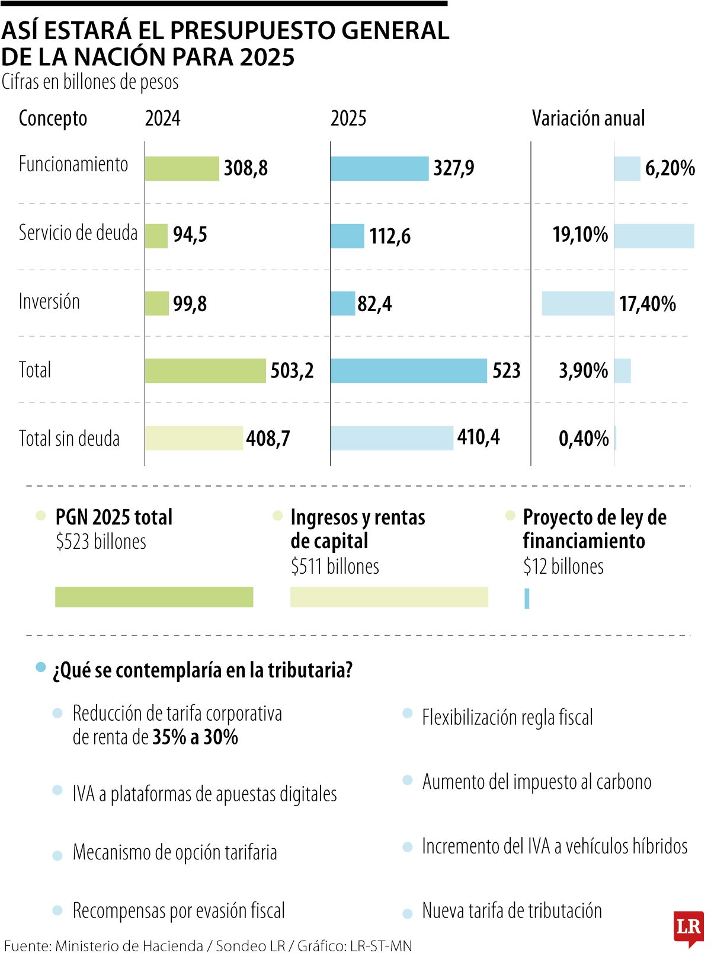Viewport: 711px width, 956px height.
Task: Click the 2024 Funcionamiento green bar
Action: click(x=182, y=168)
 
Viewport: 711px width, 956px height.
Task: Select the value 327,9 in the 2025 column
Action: click(x=453, y=168)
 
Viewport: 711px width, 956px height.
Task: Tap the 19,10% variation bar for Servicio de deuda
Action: click(x=654, y=236)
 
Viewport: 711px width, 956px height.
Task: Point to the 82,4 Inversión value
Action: click(x=374, y=304)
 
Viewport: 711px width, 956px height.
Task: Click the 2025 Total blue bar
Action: click(x=409, y=371)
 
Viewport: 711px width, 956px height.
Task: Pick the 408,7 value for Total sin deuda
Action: click(x=268, y=439)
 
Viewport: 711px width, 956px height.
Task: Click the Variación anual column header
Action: click(x=588, y=119)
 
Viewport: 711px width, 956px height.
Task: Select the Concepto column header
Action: click(x=53, y=119)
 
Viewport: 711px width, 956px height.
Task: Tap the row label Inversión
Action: click(x=49, y=302)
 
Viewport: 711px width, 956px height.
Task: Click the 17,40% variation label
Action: click(x=647, y=304)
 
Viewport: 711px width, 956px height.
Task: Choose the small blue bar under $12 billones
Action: click(x=527, y=598)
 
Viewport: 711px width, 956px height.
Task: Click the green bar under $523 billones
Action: click(x=154, y=597)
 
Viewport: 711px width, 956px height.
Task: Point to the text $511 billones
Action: click(x=335, y=567)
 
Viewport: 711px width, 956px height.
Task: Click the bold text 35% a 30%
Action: click(x=195, y=737)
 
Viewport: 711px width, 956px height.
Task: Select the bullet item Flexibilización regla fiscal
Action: click(x=507, y=718)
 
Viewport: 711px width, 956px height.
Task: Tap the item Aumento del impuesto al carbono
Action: click(x=536, y=782)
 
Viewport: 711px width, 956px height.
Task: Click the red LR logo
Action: click(x=688, y=928)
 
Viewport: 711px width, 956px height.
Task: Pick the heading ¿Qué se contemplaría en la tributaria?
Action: click(x=203, y=670)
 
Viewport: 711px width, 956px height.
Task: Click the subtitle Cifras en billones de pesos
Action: click(x=90, y=82)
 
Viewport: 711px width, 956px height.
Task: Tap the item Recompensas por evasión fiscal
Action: click(x=178, y=911)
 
